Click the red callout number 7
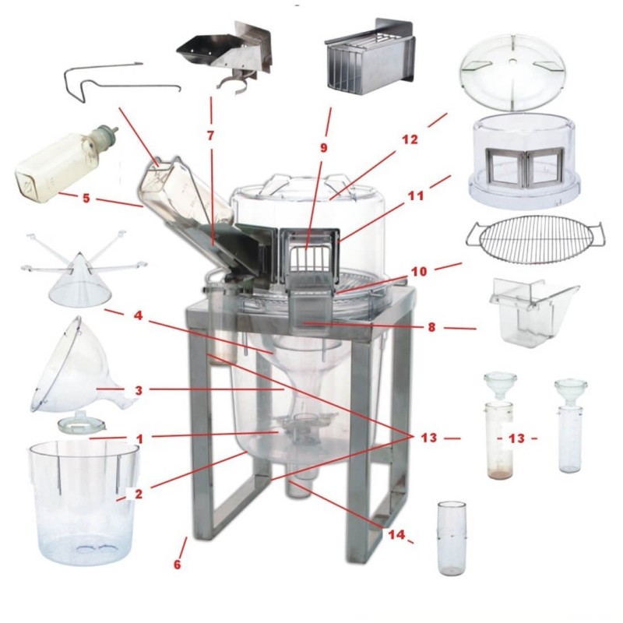(x=210, y=136)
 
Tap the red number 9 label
(x=324, y=148)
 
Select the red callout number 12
(x=410, y=140)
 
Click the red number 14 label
(x=396, y=534)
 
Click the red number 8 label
(x=431, y=327)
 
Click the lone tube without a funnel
(x=451, y=538)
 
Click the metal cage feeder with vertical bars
(x=368, y=60)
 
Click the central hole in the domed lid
(x=513, y=62)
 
